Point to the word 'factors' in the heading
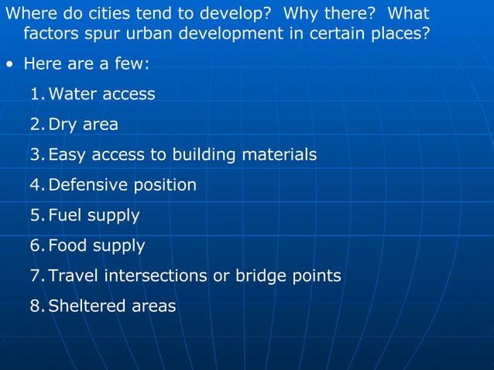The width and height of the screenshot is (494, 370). [x=50, y=35]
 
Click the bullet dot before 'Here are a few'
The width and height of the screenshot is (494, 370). [x=8, y=65]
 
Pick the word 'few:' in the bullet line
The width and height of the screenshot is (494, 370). [x=129, y=64]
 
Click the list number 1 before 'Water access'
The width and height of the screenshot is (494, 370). [x=36, y=94]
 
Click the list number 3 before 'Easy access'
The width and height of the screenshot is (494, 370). [x=36, y=155]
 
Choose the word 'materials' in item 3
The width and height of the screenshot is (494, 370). [x=280, y=155]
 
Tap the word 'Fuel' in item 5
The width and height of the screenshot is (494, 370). [x=64, y=215]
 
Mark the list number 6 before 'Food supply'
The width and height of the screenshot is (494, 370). [x=36, y=246]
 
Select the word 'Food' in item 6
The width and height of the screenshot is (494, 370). [x=67, y=246]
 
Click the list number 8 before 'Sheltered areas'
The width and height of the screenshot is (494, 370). [x=36, y=307]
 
